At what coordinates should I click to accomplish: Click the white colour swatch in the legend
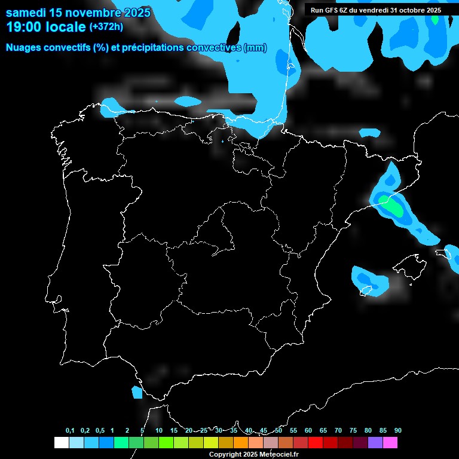pyautogui.click(x=61, y=442)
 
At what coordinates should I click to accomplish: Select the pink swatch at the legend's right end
pyautogui.click(x=390, y=442)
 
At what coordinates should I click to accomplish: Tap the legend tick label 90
pyautogui.click(x=397, y=430)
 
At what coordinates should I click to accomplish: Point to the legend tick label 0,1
pyautogui.click(x=70, y=430)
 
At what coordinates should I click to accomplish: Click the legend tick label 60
pyautogui.click(x=308, y=430)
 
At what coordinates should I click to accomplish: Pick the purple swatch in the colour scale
pyautogui.click(x=375, y=442)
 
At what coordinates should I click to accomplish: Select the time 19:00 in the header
pyautogui.click(x=25, y=27)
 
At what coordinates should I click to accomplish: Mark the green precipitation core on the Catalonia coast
pyautogui.click(x=393, y=207)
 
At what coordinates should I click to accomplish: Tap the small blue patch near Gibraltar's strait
pyautogui.click(x=137, y=392)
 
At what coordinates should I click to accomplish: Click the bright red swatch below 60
pyautogui.click(x=316, y=442)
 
